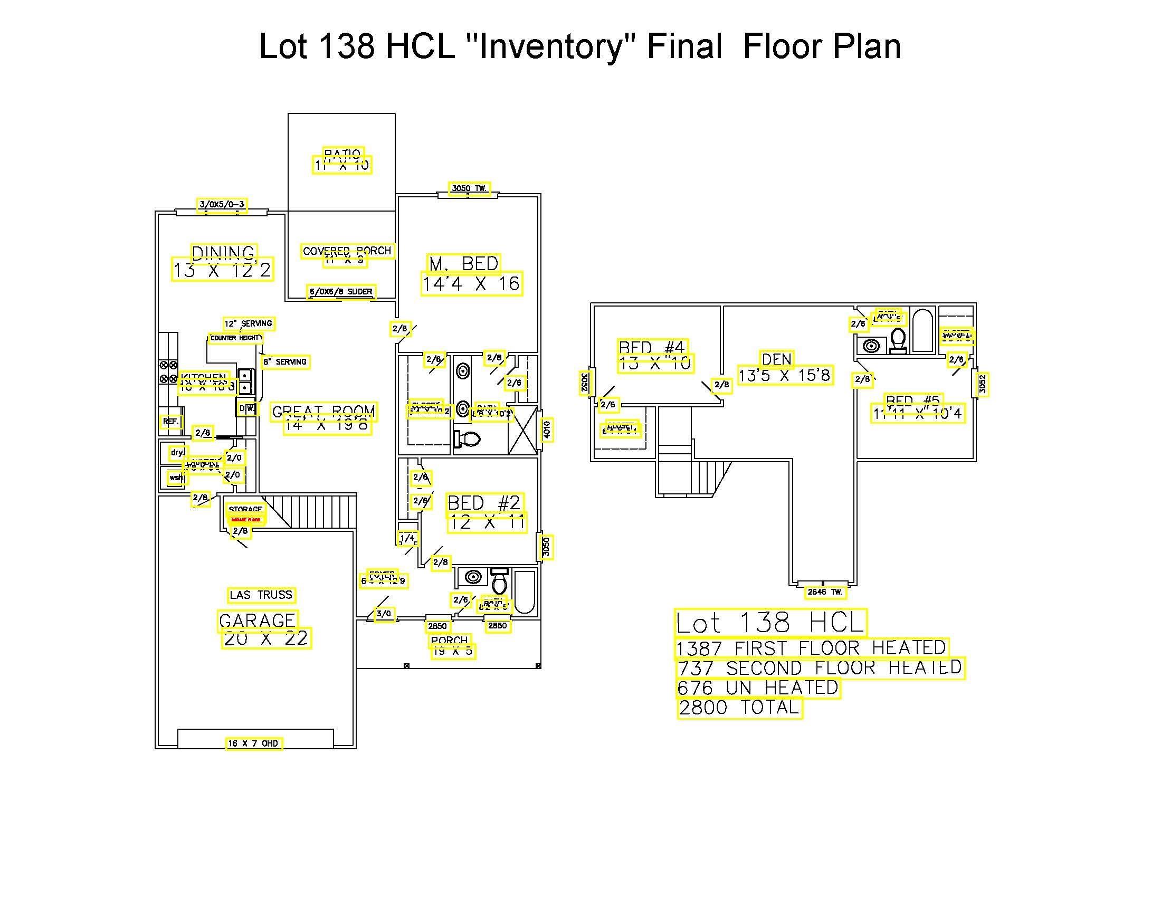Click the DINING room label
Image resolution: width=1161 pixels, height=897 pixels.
click(x=224, y=253)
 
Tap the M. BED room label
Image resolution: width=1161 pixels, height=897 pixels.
click(x=463, y=264)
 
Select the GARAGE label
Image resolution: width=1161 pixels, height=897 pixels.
click(x=258, y=620)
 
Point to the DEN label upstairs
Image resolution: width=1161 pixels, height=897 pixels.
click(x=777, y=360)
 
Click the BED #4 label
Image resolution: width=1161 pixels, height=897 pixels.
click(x=652, y=347)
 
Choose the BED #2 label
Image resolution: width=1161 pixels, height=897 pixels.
click(x=484, y=503)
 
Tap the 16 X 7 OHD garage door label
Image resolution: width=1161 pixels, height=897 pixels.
click(x=253, y=743)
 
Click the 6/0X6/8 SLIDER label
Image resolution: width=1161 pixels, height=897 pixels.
click(x=341, y=292)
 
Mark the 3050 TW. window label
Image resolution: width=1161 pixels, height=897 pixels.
click(x=469, y=188)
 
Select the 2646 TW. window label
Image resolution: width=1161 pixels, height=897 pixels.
click(x=825, y=592)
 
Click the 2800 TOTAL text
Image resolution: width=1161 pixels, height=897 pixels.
click(x=739, y=708)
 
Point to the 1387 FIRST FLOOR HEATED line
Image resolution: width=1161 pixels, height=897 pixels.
click(x=811, y=648)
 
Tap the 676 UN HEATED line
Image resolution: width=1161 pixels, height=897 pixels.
click(x=758, y=688)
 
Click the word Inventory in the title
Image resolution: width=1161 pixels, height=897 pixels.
click(x=550, y=46)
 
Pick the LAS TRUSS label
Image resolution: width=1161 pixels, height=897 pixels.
click(x=261, y=595)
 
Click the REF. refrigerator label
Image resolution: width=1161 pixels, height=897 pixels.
click(x=170, y=422)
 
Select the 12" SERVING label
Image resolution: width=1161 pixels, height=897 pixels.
click(x=248, y=323)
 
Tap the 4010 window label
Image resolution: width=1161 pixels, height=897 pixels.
click(x=547, y=430)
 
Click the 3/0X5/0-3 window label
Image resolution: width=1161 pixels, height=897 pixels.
click(x=222, y=205)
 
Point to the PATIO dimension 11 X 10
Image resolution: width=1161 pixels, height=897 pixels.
click(x=342, y=165)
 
